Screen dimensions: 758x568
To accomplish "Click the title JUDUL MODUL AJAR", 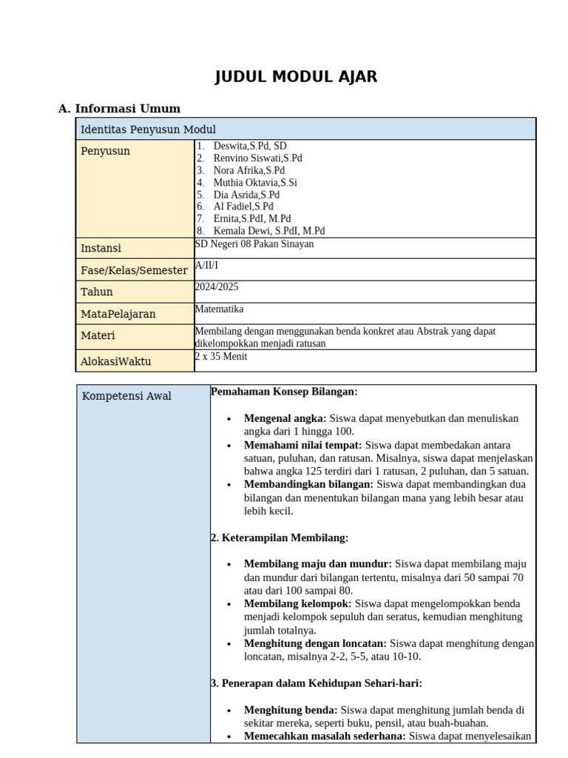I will (x=296, y=77).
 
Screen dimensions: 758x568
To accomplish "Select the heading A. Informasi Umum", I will (x=119, y=109).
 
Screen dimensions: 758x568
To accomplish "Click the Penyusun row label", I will (x=105, y=151).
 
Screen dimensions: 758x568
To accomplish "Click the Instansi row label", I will (x=101, y=248).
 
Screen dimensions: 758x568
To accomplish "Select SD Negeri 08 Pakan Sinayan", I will (x=254, y=244).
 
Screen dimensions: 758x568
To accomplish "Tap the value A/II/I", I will (x=206, y=265).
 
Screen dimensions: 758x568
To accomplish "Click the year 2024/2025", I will (x=217, y=287).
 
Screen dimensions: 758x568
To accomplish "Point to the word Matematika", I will (x=219, y=309).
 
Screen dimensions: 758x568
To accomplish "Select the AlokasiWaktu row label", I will (x=115, y=361).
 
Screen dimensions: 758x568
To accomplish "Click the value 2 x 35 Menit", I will (x=221, y=357).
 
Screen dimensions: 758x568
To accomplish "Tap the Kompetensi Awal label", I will (x=126, y=396).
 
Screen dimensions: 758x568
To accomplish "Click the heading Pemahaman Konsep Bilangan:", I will (x=284, y=391).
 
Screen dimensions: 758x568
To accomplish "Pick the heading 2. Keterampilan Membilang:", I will (x=280, y=537).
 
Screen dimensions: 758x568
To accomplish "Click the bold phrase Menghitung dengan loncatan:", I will (x=315, y=644).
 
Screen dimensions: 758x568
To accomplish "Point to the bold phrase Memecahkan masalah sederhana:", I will (x=325, y=737).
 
